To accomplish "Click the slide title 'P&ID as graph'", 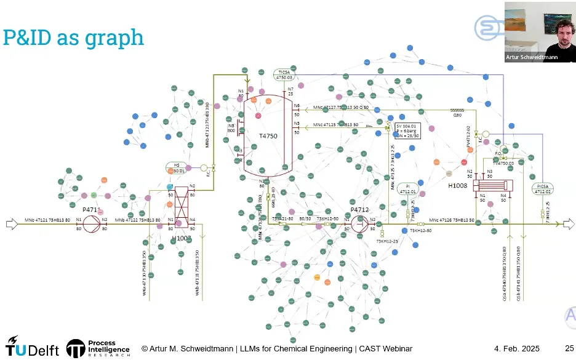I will (x=73, y=38).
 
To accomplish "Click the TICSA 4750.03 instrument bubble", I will (x=284, y=74).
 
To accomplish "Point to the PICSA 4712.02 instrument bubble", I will (x=542, y=188).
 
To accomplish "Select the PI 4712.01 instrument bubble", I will (x=407, y=189).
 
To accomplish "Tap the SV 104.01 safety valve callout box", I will (x=408, y=131).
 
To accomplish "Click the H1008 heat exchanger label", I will (x=457, y=185).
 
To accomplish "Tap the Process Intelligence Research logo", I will (x=98, y=348).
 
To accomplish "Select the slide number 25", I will (x=569, y=349).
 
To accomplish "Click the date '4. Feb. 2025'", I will (x=516, y=349).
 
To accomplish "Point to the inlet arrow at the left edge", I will (x=12, y=224).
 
